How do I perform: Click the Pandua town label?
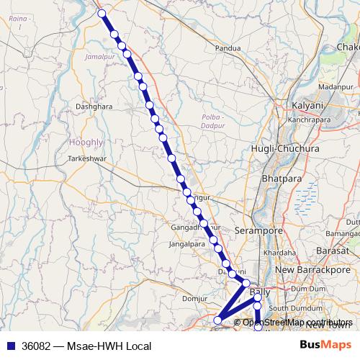click(x=228, y=49)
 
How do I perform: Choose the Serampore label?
click(x=257, y=230)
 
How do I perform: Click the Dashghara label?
click(x=94, y=107)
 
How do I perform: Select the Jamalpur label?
click(x=99, y=55)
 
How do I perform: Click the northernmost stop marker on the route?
click(x=102, y=13)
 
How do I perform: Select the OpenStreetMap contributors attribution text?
click(x=297, y=322)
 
